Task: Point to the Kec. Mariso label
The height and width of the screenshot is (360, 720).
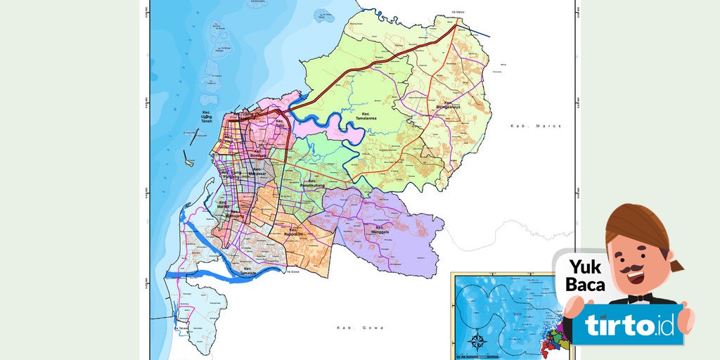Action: (224, 205)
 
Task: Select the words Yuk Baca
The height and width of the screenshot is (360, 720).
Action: (586, 276)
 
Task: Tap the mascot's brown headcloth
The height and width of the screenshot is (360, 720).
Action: (636, 225)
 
